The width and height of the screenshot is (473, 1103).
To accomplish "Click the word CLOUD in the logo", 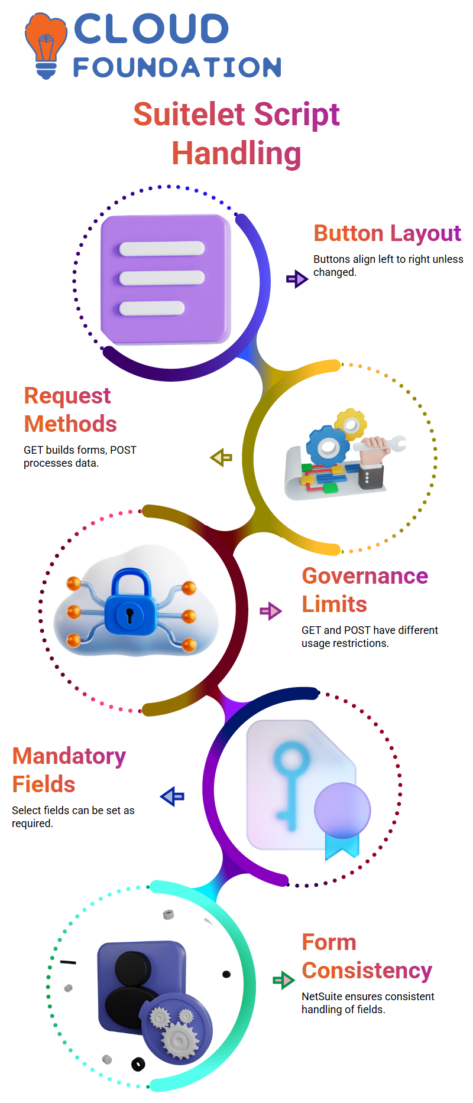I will coord(151,29).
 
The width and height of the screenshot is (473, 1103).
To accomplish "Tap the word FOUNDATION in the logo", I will coord(177,67).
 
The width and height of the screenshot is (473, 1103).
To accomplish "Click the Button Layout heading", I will coord(387,233).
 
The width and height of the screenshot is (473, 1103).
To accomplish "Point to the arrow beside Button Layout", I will coord(297,278).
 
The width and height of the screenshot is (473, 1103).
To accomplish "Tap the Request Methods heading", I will coord(70,410).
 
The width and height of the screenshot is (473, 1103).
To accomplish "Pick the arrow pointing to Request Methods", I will coord(221,457).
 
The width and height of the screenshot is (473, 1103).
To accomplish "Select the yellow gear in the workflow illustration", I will coord(351,424).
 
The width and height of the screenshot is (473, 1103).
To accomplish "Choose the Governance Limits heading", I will coord(365,590).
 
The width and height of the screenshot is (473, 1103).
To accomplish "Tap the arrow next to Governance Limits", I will coord(271,611).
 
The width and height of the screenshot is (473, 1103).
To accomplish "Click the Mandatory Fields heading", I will coord(69,770).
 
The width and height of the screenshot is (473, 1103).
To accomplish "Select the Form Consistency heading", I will coord(367,956).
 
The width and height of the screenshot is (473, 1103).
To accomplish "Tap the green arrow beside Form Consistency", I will coord(284,980).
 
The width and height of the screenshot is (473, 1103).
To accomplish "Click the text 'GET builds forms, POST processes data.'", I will coord(80,457).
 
